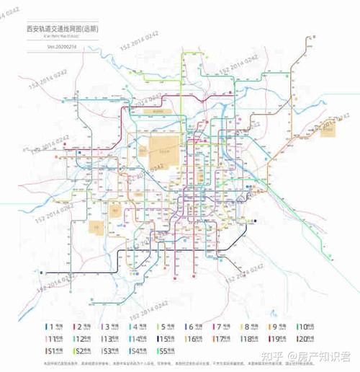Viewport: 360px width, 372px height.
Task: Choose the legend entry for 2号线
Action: [81, 327]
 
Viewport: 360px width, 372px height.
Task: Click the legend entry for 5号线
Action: [166, 327]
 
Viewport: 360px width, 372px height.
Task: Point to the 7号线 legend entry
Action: [222, 327]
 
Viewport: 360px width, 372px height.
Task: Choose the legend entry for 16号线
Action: [194, 339]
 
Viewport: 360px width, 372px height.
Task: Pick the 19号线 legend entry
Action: [279, 339]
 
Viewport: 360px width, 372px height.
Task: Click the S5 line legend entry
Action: [166, 351]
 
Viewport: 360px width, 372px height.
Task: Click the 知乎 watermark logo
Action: [274, 356]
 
